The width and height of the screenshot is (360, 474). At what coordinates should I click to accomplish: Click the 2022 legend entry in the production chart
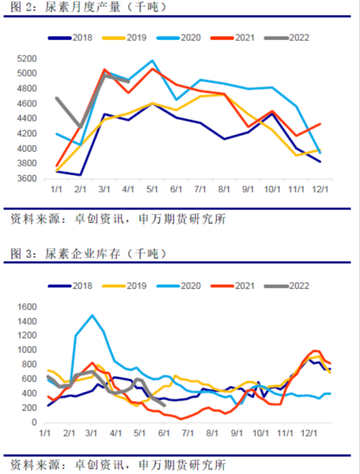[x=287, y=38]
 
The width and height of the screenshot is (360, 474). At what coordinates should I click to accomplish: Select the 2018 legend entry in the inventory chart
[x=70, y=286]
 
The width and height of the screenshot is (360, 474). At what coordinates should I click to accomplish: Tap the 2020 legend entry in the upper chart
[x=179, y=38]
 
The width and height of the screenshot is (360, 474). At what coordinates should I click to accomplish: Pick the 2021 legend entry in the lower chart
[x=233, y=286]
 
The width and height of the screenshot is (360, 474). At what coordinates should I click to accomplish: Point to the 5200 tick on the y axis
[x=26, y=58]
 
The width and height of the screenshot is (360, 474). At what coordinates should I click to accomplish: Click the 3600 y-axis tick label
[x=26, y=178]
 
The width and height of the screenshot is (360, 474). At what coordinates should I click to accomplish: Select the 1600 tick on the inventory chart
[x=26, y=307]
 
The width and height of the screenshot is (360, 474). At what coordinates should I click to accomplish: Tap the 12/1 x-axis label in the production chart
[x=320, y=189]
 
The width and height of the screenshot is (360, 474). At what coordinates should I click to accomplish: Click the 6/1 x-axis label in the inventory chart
[x=164, y=433]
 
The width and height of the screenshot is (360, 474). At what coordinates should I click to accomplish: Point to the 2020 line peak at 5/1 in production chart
[x=152, y=60]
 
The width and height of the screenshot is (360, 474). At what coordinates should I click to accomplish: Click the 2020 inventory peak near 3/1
[x=92, y=315]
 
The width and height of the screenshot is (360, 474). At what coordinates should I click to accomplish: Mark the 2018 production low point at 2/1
[x=80, y=175]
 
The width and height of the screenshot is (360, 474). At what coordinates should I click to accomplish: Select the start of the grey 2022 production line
[x=56, y=98]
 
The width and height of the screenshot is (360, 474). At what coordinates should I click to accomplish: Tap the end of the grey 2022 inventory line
[x=164, y=406]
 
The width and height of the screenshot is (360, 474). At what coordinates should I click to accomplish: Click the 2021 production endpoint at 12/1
[x=320, y=124]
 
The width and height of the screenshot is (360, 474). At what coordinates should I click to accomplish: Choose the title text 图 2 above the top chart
[x=21, y=7]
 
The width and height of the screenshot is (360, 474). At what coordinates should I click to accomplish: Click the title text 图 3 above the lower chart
[x=21, y=254]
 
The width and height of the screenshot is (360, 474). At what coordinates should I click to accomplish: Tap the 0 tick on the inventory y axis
[x=34, y=423]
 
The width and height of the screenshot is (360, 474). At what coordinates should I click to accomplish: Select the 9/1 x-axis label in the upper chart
[x=248, y=189]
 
